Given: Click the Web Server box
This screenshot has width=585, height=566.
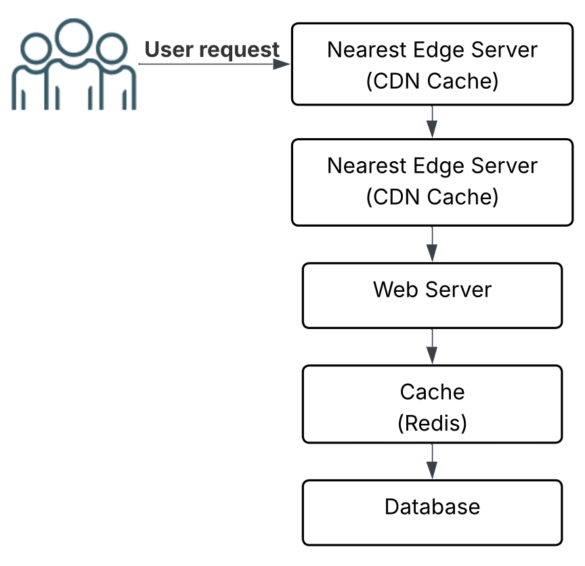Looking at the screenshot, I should click(x=432, y=296).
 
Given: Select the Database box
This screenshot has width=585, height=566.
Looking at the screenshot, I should click(x=432, y=513).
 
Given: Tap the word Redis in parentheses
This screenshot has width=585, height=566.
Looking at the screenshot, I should click(x=432, y=423).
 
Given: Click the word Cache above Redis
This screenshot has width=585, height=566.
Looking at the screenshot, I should click(x=432, y=392).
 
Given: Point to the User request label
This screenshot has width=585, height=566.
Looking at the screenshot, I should click(x=212, y=49).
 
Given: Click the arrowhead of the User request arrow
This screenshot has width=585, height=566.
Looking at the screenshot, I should click(x=282, y=64).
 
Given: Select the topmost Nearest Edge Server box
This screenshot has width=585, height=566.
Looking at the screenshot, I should click(x=432, y=64).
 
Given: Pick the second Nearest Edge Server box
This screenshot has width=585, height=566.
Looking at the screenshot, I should click(x=432, y=181).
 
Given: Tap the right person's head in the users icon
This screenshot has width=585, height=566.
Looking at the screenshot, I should click(x=110, y=49).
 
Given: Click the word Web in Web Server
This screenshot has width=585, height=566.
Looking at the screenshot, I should click(x=394, y=290).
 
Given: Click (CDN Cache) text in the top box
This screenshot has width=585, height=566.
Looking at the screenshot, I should click(x=432, y=81).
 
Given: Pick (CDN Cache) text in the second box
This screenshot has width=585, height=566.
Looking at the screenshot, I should click(x=432, y=197).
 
